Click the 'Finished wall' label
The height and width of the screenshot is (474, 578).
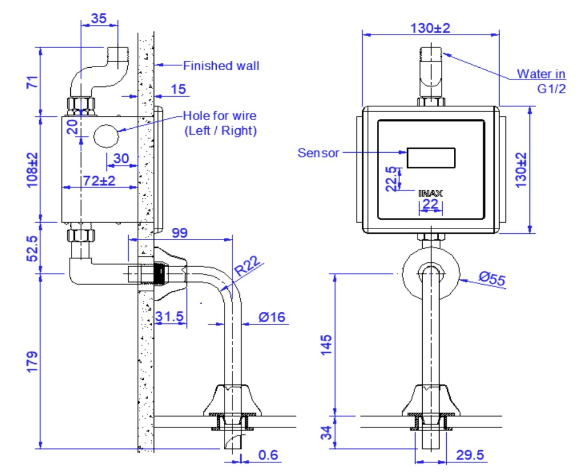pyautogui.click(x=221, y=66)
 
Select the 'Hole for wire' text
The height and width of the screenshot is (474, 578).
pyautogui.click(x=220, y=116)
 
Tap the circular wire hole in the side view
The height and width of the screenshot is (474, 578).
pyautogui.click(x=106, y=136)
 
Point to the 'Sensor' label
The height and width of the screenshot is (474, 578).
pyautogui.click(x=318, y=153)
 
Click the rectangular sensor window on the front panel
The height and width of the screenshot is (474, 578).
pyautogui.click(x=431, y=158)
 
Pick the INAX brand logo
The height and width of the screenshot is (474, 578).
pyautogui.click(x=430, y=193)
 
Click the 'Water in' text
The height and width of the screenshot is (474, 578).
pyautogui.click(x=541, y=73)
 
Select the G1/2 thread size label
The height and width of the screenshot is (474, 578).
pyautogui.click(x=551, y=89)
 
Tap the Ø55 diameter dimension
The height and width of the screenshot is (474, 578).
pyautogui.click(x=492, y=279)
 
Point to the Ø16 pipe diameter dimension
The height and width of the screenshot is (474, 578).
pyautogui.click(x=272, y=317)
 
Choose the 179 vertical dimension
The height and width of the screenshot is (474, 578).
pyautogui.click(x=32, y=362)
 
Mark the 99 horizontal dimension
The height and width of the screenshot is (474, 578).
pyautogui.click(x=179, y=233)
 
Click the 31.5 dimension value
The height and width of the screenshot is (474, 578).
pyautogui.click(x=169, y=317)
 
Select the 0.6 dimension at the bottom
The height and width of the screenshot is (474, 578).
pyautogui.click(x=268, y=455)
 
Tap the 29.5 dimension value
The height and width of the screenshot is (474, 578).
pyautogui.click(x=470, y=455)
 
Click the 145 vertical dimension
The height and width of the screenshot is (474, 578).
pyautogui.click(x=326, y=345)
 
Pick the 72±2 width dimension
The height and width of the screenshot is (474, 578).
pyautogui.click(x=99, y=180)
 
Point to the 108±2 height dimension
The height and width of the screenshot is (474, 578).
pyautogui.click(x=32, y=170)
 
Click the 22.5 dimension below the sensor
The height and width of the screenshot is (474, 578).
pyautogui.click(x=391, y=179)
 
